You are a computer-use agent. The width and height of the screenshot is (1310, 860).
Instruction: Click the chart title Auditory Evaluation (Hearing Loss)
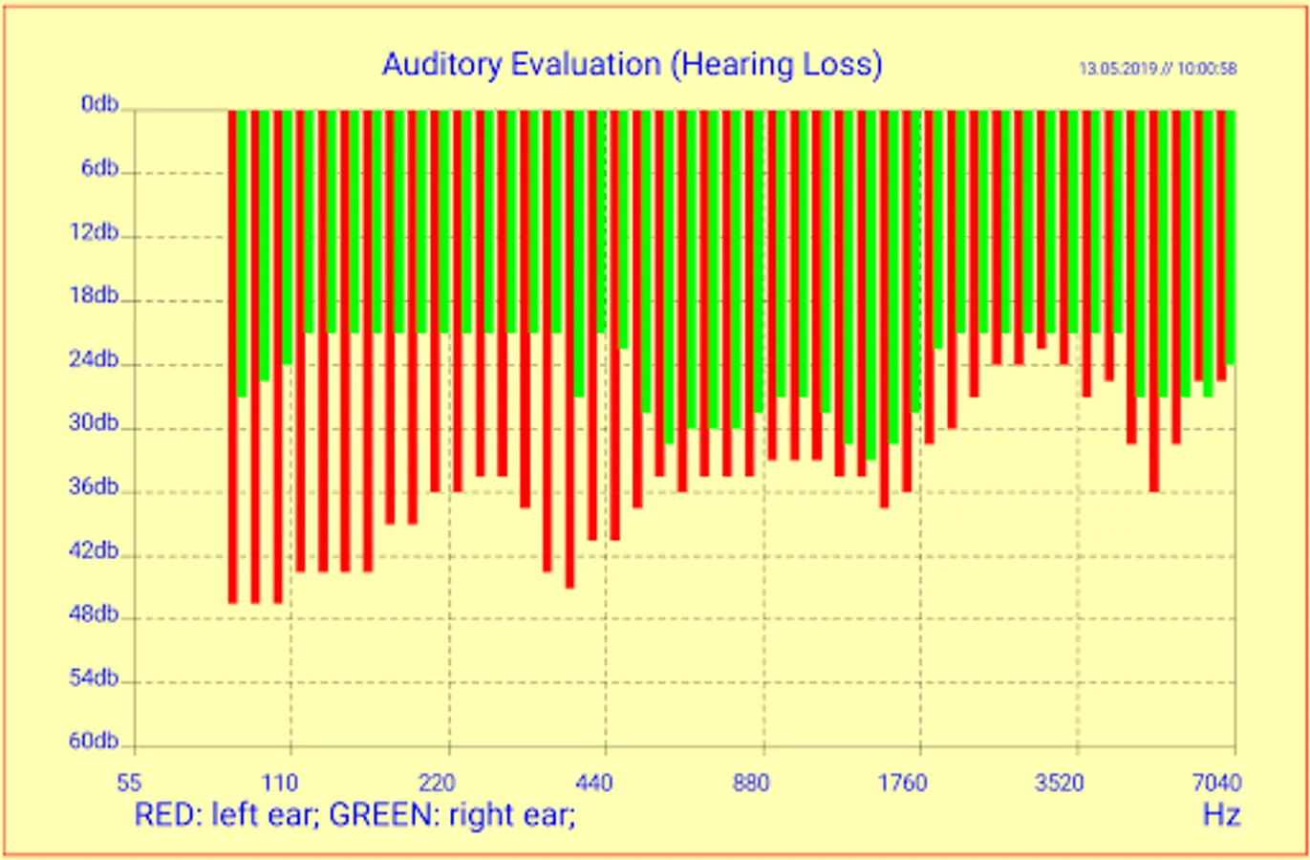tap(632, 64)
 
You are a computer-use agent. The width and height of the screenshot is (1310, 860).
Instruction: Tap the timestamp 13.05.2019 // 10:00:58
tap(1157, 69)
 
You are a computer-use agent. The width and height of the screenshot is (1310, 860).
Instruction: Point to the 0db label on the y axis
tap(99, 104)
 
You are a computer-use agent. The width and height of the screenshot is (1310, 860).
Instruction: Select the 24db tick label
tap(94, 360)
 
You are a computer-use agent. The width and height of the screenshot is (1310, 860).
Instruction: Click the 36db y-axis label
tap(94, 487)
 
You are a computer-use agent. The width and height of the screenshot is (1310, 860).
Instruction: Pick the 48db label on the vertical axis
tap(94, 614)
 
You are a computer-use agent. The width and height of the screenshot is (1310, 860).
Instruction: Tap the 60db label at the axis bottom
tap(94, 742)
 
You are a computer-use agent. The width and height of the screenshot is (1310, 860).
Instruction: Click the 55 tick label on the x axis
tap(129, 785)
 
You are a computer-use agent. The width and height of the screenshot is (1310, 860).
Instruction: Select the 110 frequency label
tap(280, 785)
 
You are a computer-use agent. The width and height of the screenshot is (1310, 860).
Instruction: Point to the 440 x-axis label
tap(594, 785)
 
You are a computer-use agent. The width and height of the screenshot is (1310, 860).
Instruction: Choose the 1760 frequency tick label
tap(902, 785)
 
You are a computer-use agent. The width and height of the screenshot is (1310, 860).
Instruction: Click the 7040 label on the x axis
tap(1216, 785)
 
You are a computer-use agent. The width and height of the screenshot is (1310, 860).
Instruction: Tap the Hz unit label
tap(1221, 815)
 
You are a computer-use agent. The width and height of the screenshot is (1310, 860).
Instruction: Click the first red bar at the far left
tap(232, 354)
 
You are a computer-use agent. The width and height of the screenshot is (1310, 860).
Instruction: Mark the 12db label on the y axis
tap(94, 232)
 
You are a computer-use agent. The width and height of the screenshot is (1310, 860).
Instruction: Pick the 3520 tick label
tap(1059, 785)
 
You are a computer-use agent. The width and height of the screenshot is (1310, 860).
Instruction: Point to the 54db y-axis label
tap(94, 678)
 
